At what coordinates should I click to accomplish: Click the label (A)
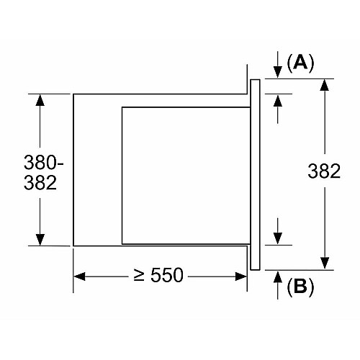300,63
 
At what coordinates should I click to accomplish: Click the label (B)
300,287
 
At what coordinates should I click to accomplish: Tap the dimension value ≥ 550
158,275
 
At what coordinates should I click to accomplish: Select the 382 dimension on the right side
324,171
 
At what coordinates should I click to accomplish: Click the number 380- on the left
44,162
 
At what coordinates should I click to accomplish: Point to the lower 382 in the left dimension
40,183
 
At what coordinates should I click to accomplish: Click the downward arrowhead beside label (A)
278,72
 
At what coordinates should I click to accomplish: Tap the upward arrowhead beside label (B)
278,276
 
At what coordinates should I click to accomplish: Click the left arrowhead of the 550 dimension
79,276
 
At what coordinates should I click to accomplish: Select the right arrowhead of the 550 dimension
240,276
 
